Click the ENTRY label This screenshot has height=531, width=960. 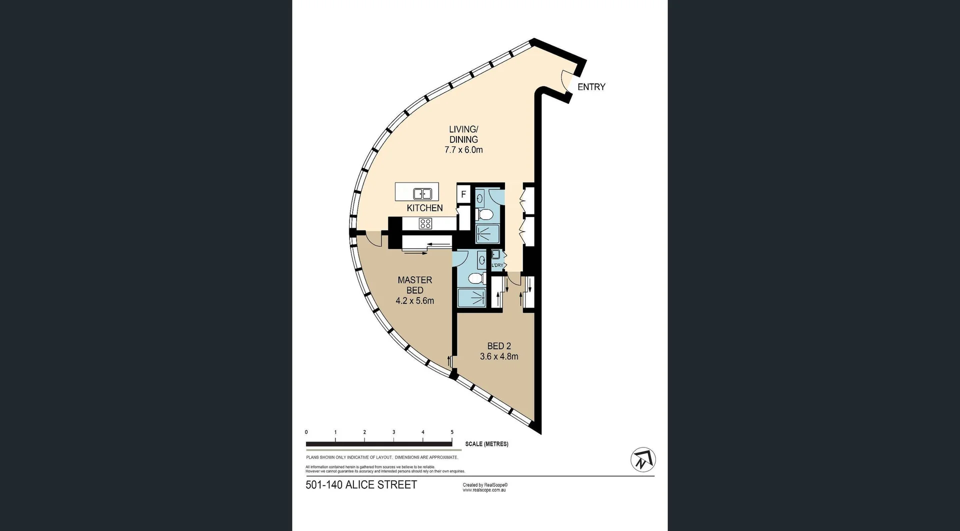(x=591, y=87)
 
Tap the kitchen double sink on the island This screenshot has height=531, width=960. (x=422, y=193)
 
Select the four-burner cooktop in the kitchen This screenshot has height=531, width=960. (x=425, y=223)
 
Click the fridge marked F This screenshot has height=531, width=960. (x=463, y=194)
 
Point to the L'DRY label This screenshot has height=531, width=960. (x=497, y=265)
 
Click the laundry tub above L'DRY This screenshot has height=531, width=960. (x=496, y=254)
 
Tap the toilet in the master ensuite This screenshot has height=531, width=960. (x=475, y=278)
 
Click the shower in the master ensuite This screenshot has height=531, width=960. (x=471, y=298)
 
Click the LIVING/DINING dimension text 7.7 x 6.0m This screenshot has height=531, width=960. (x=463, y=150)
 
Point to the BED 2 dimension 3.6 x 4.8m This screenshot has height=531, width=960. (x=498, y=356)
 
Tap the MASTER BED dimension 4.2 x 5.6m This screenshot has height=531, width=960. (x=414, y=301)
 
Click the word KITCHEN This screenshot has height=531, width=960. (x=424, y=208)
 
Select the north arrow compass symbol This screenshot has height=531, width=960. (x=643, y=459)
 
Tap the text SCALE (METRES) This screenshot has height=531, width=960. (x=486, y=444)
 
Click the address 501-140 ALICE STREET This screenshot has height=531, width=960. (x=361, y=485)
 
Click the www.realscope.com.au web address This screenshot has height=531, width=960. (x=484, y=490)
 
